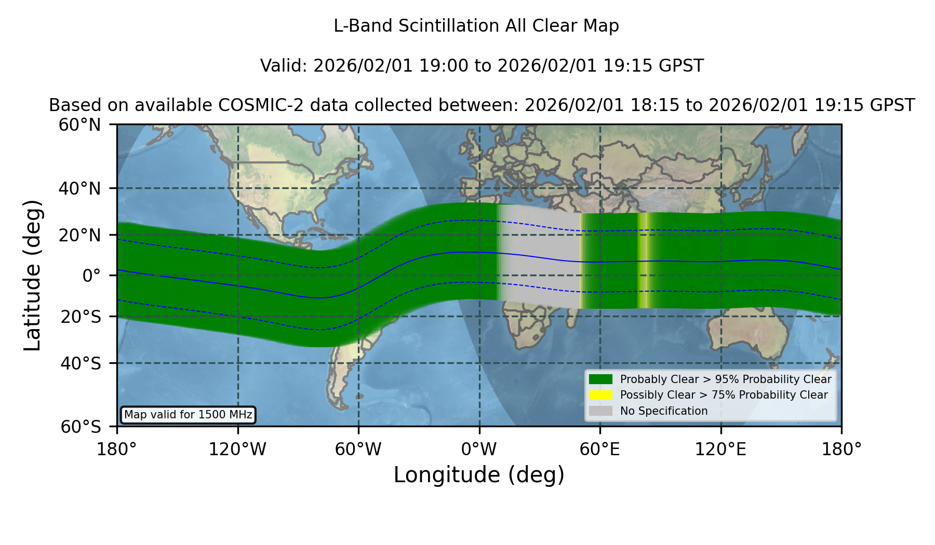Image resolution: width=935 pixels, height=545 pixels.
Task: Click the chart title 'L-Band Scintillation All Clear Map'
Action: (x=476, y=25)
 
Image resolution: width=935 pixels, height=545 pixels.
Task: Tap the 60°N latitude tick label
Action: (x=79, y=125)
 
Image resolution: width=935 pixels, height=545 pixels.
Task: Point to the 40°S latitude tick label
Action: (x=81, y=363)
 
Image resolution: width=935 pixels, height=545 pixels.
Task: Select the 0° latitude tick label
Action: (x=91, y=275)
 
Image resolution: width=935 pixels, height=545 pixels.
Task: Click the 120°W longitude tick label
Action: (x=237, y=449)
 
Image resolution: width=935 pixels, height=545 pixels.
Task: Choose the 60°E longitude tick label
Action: (x=600, y=449)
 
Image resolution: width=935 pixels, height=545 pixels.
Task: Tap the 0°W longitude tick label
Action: (x=479, y=449)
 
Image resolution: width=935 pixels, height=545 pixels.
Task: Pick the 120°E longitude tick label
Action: (x=721, y=449)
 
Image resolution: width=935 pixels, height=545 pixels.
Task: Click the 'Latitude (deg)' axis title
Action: (x=32, y=275)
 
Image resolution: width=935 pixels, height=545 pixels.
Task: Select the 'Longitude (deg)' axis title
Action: (x=479, y=475)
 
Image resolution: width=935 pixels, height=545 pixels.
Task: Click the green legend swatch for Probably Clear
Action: (x=601, y=379)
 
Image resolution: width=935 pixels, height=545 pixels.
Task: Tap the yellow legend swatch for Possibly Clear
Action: (x=601, y=395)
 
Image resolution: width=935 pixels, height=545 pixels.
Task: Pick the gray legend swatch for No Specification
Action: (x=601, y=411)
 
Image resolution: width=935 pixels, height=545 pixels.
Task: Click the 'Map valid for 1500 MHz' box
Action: (x=188, y=415)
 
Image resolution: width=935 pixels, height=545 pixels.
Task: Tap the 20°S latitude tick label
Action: (x=81, y=316)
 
